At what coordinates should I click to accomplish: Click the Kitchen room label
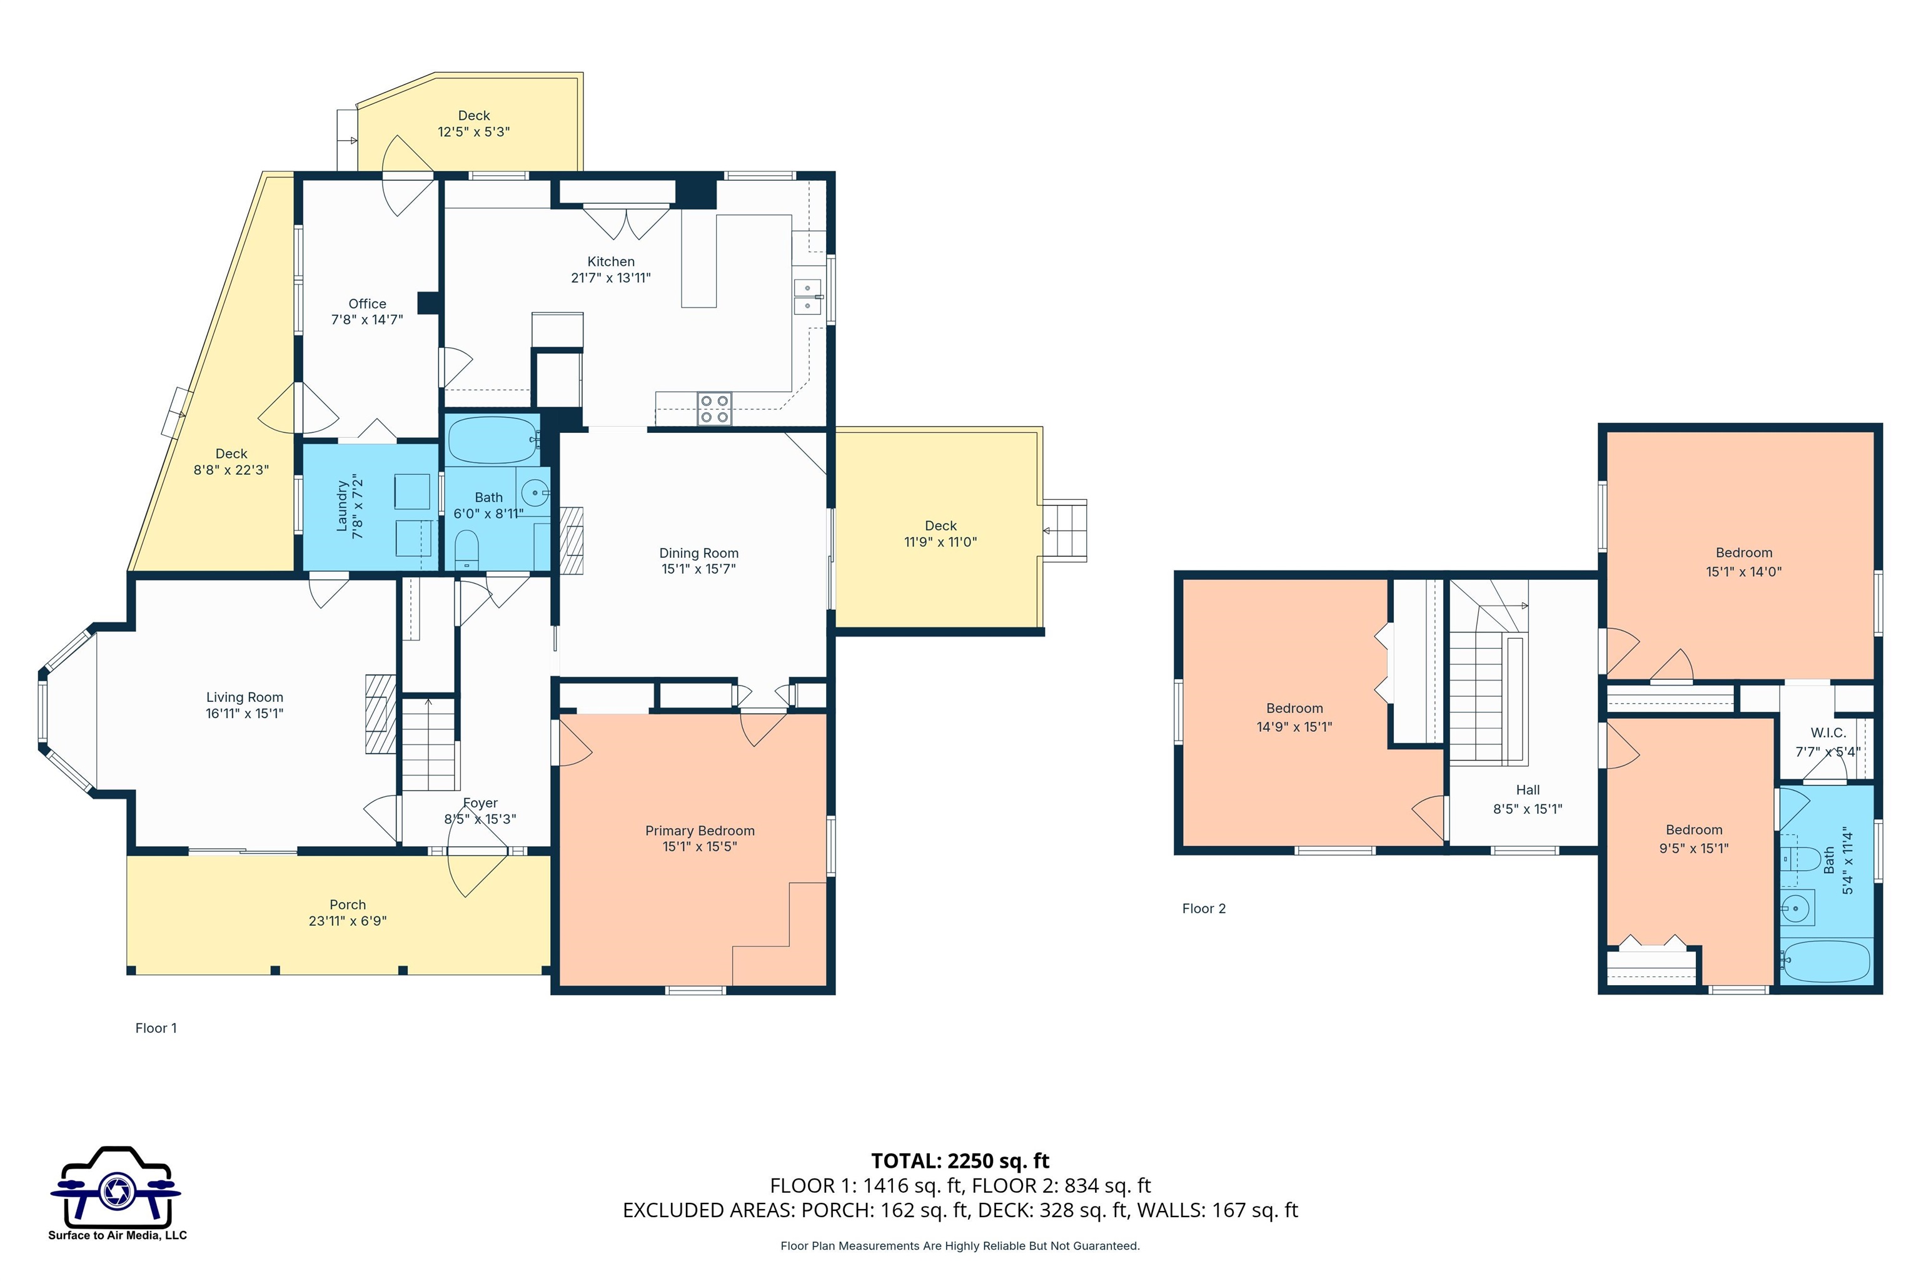(611, 261)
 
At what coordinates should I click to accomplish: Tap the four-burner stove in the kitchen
(714, 408)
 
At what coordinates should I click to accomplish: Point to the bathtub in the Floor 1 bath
(493, 440)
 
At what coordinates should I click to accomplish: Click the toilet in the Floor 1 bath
(466, 549)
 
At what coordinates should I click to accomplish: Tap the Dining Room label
(699, 553)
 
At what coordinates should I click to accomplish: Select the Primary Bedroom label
(700, 831)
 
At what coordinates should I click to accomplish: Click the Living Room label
(245, 697)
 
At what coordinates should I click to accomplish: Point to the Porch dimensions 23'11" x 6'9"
(347, 921)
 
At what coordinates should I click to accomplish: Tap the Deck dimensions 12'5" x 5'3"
(474, 131)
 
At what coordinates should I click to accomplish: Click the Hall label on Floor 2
(1528, 790)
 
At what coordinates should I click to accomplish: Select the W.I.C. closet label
(1828, 733)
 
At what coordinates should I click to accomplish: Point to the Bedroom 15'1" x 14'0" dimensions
(1744, 572)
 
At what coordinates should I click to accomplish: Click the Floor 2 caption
(1204, 908)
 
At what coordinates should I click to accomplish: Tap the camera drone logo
(116, 1186)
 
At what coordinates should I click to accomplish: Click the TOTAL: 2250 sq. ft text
(960, 1161)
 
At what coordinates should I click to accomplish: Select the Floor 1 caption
(156, 1028)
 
